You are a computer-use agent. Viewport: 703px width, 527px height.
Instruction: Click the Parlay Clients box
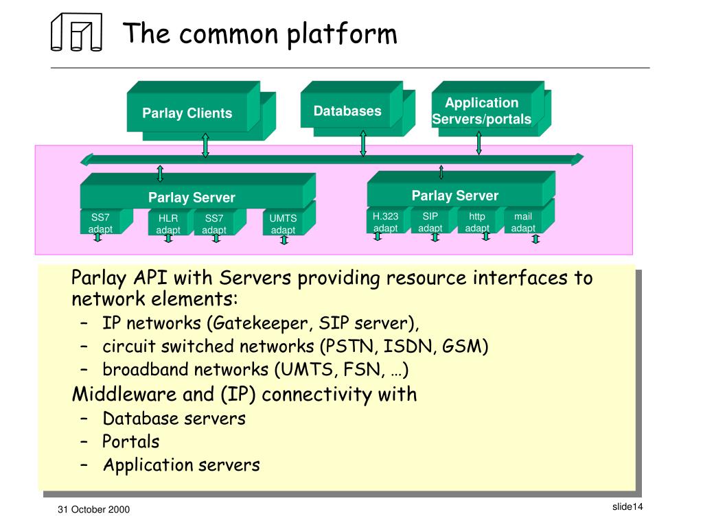point(201,110)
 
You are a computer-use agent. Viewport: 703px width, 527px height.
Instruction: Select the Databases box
point(358,108)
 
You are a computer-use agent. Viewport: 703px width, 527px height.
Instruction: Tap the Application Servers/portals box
point(492,108)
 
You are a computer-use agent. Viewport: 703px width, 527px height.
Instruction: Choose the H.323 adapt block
point(389,220)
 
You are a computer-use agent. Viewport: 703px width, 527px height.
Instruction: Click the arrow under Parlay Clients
point(205,145)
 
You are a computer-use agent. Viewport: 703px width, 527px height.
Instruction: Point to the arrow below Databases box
point(363,143)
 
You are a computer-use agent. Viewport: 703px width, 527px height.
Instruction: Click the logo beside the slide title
point(77,32)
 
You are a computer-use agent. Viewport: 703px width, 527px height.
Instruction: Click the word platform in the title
point(342,34)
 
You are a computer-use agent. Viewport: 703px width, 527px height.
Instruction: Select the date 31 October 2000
point(93,510)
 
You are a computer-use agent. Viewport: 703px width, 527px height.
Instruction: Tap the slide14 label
point(627,507)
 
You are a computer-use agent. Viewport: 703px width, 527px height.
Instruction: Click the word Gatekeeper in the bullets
point(260,324)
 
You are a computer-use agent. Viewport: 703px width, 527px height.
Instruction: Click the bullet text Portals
point(131,442)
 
